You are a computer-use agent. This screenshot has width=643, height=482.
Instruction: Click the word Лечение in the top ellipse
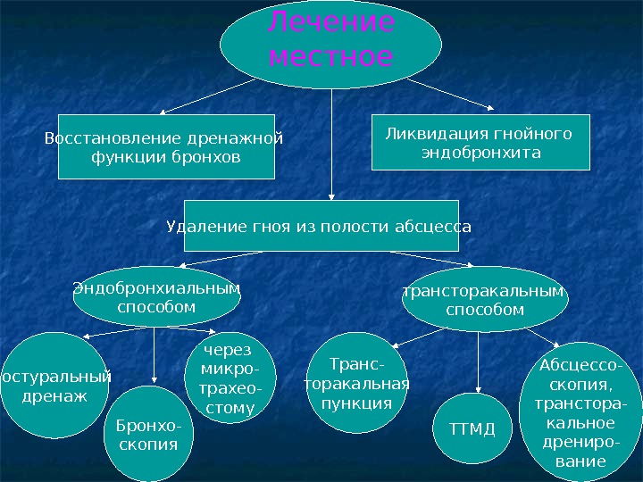(331, 25)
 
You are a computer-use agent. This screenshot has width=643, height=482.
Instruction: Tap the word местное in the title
(331, 58)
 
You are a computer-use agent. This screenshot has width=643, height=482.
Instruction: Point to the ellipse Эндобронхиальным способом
(156, 297)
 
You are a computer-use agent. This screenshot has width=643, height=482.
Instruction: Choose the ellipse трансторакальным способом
(485, 302)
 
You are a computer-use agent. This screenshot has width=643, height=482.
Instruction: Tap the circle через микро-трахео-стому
(229, 378)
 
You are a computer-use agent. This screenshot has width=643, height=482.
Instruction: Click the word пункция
(356, 403)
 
